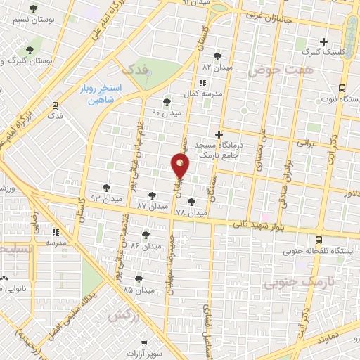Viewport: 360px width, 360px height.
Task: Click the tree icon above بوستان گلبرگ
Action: click(30, 49)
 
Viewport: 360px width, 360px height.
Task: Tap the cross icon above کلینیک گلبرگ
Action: click(324, 41)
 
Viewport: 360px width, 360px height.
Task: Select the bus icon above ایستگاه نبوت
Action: click(342, 88)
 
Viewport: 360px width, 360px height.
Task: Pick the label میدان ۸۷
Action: click(153, 205)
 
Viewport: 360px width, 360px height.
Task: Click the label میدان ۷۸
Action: click(191, 211)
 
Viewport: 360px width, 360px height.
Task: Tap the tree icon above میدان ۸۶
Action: click(146, 234)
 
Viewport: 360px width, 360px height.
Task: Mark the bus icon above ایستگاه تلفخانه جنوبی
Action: click(319, 239)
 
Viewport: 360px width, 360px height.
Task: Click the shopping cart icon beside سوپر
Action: click(144, 344)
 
